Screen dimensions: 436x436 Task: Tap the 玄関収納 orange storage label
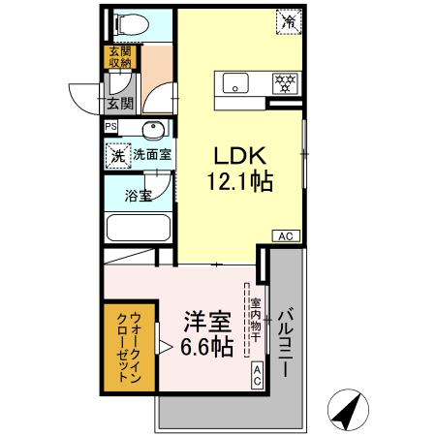pos(119,57)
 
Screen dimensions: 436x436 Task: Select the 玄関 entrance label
pos(119,103)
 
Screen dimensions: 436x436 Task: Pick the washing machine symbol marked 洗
pos(116,153)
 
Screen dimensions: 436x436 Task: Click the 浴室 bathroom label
pos(138,196)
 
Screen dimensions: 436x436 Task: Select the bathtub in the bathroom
pos(137,231)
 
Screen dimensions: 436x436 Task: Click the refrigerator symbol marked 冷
pos(289,19)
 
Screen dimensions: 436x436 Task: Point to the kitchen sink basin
pos(238,83)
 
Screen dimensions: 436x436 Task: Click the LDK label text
pos(237,155)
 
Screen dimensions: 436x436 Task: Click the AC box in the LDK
pos(286,235)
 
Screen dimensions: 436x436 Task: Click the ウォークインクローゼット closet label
pos(129,347)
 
